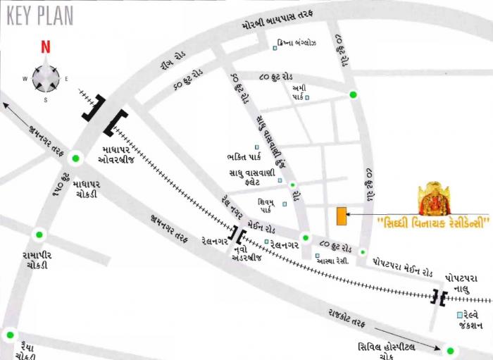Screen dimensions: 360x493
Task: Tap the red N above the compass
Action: (x=45, y=48)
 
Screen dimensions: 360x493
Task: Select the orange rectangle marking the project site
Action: (x=342, y=217)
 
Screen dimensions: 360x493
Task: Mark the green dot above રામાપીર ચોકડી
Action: (x=39, y=235)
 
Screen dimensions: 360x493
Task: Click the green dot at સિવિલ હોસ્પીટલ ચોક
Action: (x=450, y=349)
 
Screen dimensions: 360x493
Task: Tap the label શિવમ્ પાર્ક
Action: (x=266, y=204)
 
